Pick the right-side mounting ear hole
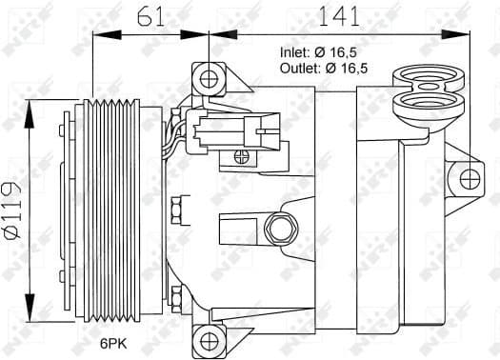[467, 177]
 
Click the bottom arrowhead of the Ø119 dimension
[34, 292]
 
